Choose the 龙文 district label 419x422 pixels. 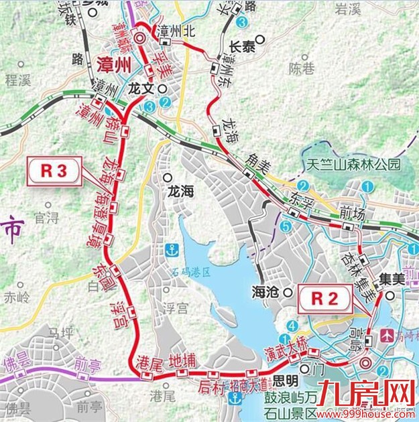(x=141, y=88)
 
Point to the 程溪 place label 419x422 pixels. (x=18, y=81)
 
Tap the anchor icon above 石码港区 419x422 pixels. (x=171, y=250)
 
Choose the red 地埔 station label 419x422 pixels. (x=182, y=361)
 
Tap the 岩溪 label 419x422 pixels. (x=367, y=9)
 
